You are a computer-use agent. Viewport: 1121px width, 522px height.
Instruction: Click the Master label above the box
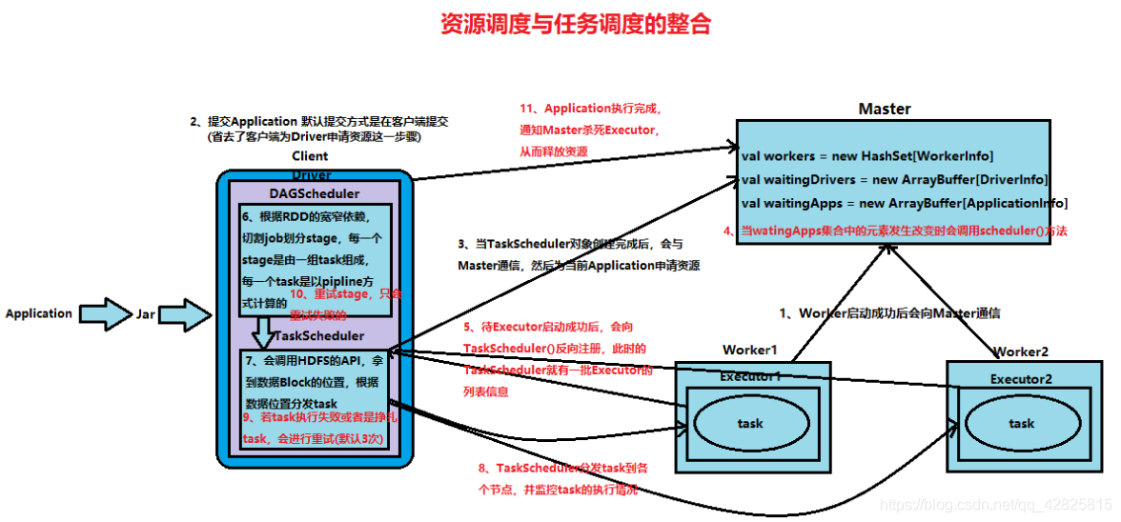[884, 109]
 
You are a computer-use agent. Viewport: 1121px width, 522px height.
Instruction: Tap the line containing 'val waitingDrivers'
[894, 179]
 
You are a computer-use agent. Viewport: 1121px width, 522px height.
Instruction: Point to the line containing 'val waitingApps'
[904, 203]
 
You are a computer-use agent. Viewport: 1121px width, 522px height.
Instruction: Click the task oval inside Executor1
[750, 423]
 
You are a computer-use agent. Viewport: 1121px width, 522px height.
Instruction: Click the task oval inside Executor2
[1020, 423]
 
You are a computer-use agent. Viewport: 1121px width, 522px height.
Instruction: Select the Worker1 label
[750, 350]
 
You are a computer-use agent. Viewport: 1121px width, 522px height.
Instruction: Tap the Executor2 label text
[1021, 378]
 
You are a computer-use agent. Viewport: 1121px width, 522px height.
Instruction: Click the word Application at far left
[38, 313]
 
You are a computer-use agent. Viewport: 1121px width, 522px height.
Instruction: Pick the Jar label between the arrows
[146, 313]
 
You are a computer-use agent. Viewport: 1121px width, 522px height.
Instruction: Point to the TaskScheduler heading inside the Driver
[319, 336]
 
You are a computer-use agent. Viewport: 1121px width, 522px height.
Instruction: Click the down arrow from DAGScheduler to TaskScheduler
[263, 331]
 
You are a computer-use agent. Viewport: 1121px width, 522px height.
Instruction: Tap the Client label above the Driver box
[310, 156]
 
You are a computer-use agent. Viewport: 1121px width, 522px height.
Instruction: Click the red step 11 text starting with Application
[590, 109]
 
